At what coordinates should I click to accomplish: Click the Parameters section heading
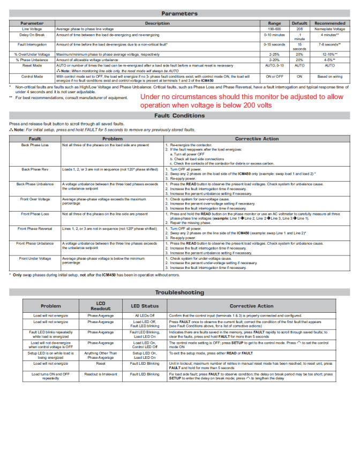click(179, 13)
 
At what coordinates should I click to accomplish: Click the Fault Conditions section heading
click(179, 115)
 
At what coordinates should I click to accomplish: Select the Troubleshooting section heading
click(179, 292)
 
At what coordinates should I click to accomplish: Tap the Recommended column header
click(330, 23)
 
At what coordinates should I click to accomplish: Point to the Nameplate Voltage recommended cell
click(330, 28)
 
